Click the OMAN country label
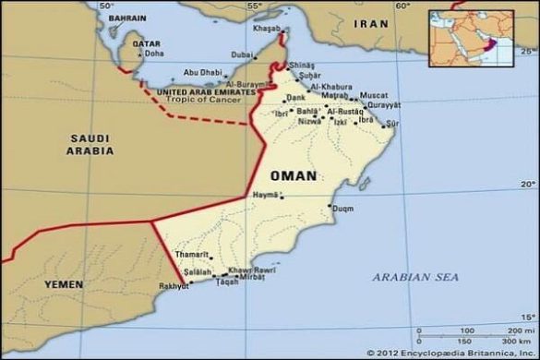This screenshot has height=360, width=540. pos(294,175)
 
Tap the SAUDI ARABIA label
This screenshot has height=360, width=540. pos(90,144)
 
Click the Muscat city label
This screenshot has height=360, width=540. pos(373,95)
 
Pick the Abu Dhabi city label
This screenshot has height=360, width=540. pos(202,72)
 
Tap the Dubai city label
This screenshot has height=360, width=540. pos(243,54)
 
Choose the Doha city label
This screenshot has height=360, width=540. pos(154,54)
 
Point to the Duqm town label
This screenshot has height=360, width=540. pos(342,209)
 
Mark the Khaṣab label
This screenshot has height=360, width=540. pos(265,29)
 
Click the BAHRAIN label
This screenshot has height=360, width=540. pos(127,18)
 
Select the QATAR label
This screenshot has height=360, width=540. pos(147,42)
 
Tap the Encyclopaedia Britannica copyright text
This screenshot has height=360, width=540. pos(451,353)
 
